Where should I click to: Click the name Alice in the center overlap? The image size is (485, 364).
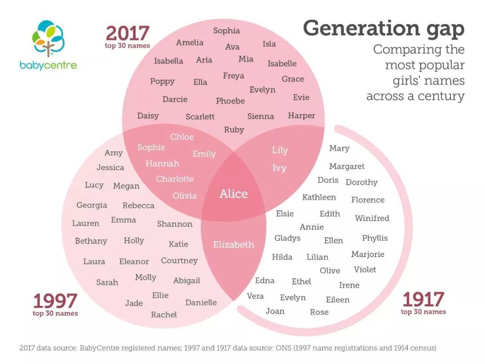click(234, 194)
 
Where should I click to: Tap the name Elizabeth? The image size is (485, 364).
click(234, 244)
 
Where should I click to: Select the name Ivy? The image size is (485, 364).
click(279, 168)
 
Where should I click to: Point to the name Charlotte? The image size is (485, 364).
click(175, 179)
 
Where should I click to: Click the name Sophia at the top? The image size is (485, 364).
click(226, 31)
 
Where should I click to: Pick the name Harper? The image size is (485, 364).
click(301, 115)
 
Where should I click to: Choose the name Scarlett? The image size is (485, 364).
click(200, 116)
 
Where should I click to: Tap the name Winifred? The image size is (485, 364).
click(372, 218)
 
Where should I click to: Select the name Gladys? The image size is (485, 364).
click(287, 238)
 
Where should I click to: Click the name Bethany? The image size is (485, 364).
click(91, 241)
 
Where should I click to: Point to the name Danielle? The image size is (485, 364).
click(201, 302)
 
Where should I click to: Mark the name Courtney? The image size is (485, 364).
click(179, 261)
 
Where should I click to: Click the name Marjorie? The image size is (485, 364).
click(368, 254)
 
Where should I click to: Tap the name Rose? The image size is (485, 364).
click(319, 312)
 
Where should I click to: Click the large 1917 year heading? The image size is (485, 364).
click(423, 299)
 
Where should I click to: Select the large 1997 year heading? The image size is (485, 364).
click(55, 301)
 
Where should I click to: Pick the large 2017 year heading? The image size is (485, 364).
click(128, 33)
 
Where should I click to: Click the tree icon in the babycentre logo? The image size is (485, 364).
click(48, 38)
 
